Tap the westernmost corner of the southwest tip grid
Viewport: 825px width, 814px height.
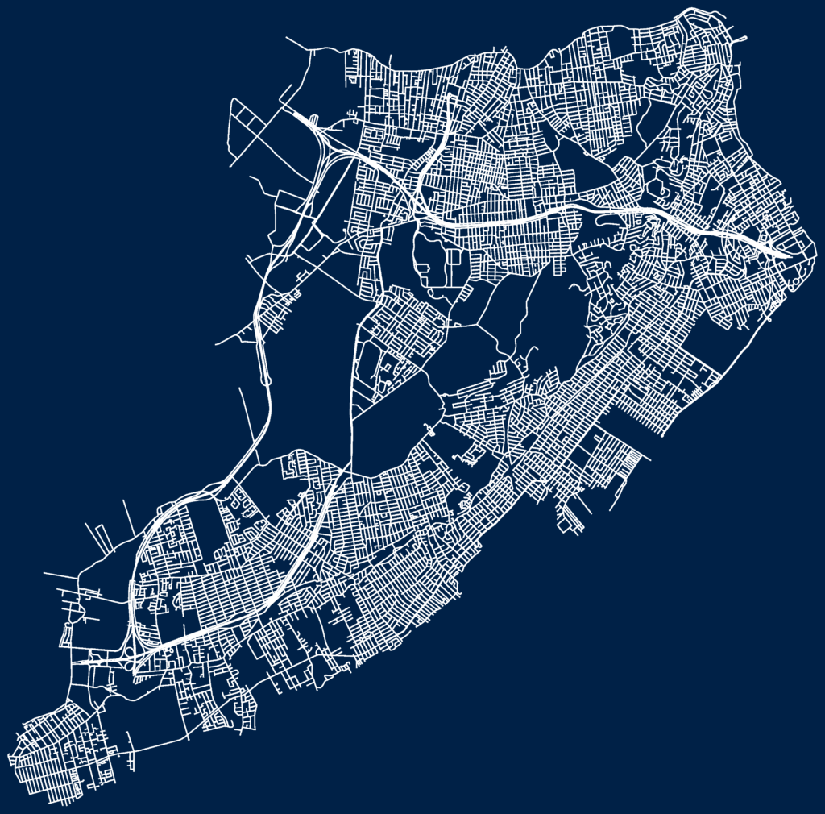click(x=9, y=757)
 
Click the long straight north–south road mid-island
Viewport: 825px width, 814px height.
click(x=353, y=379)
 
